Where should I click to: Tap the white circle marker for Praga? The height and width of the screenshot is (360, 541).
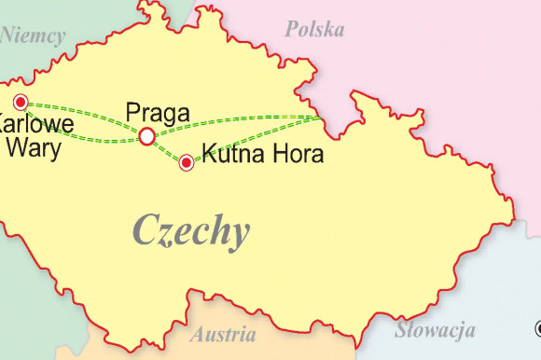(x=146, y=137)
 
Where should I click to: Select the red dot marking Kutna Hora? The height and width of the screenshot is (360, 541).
(x=187, y=163)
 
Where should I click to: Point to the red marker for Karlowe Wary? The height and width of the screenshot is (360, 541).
(x=20, y=103)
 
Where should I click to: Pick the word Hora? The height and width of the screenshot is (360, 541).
(x=298, y=153)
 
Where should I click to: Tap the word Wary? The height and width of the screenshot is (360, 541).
(x=33, y=147)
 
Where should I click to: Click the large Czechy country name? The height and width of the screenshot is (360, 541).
(x=191, y=229)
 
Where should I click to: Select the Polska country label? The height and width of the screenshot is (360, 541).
(x=314, y=30)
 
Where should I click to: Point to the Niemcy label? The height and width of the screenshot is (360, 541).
(x=34, y=36)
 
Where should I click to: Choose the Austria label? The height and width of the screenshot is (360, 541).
(x=224, y=334)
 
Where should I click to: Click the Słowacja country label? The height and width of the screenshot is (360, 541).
(x=435, y=330)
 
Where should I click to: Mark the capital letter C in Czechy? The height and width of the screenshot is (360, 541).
(x=147, y=228)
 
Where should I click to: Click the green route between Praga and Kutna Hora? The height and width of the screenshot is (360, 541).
(x=166, y=151)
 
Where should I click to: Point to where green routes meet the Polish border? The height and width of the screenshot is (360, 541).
(x=320, y=118)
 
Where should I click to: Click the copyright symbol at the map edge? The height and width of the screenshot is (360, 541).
(x=537, y=328)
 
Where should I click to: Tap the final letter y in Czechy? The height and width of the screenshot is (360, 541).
(x=239, y=233)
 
